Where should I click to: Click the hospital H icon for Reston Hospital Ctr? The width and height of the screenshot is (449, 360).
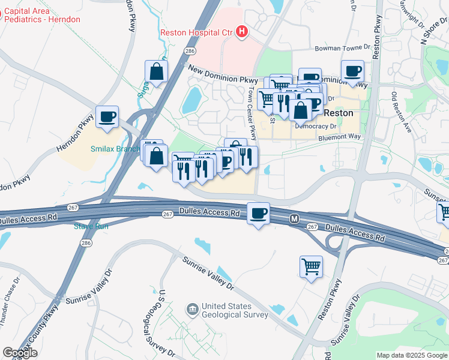pyautogui.click(x=242, y=31)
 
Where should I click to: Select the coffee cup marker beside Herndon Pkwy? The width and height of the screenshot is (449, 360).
pyautogui.click(x=107, y=117)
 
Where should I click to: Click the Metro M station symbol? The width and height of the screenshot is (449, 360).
pyautogui.click(x=294, y=220)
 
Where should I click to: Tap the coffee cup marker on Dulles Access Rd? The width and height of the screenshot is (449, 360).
pyautogui.click(x=259, y=214)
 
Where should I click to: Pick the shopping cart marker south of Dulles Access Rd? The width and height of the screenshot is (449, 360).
pyautogui.click(x=311, y=266)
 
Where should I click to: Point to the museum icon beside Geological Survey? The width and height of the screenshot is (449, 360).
pyautogui.click(x=191, y=310)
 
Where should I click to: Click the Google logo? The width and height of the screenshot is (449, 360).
pyautogui.click(x=19, y=353)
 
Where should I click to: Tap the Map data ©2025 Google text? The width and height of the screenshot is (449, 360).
pyautogui.click(x=411, y=355)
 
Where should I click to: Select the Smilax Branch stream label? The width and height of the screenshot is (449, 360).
pyautogui.click(x=115, y=149)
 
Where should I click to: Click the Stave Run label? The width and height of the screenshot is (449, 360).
pyautogui.click(x=91, y=226)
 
